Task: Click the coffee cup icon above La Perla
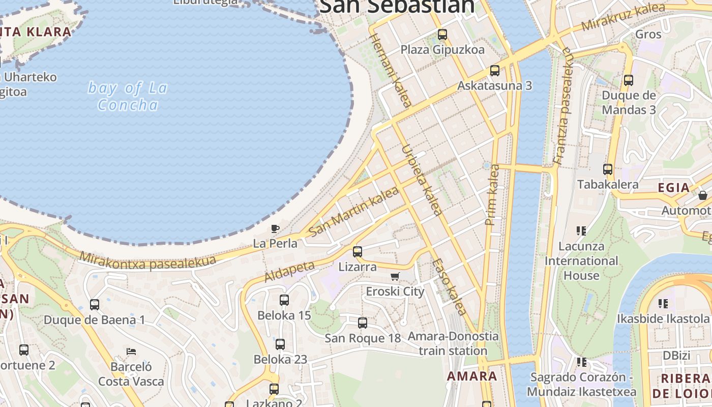(x=275, y=228)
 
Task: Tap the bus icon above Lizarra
(x=358, y=251)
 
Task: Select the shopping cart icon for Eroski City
(x=395, y=277)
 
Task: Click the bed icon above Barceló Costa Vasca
(x=131, y=352)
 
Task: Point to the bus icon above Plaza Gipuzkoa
(x=442, y=35)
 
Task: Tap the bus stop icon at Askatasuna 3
(x=495, y=71)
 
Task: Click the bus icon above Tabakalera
(x=608, y=169)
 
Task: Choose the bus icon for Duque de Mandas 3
(x=629, y=80)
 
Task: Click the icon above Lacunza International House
(x=581, y=231)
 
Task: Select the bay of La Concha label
(x=128, y=96)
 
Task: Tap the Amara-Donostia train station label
(x=453, y=343)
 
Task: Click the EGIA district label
(x=674, y=188)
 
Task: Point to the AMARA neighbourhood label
(x=471, y=376)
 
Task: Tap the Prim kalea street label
(x=492, y=194)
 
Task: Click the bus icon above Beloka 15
(x=284, y=300)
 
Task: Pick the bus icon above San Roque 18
(x=363, y=323)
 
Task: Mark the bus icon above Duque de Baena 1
(x=95, y=305)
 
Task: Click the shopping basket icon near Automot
(x=703, y=195)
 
